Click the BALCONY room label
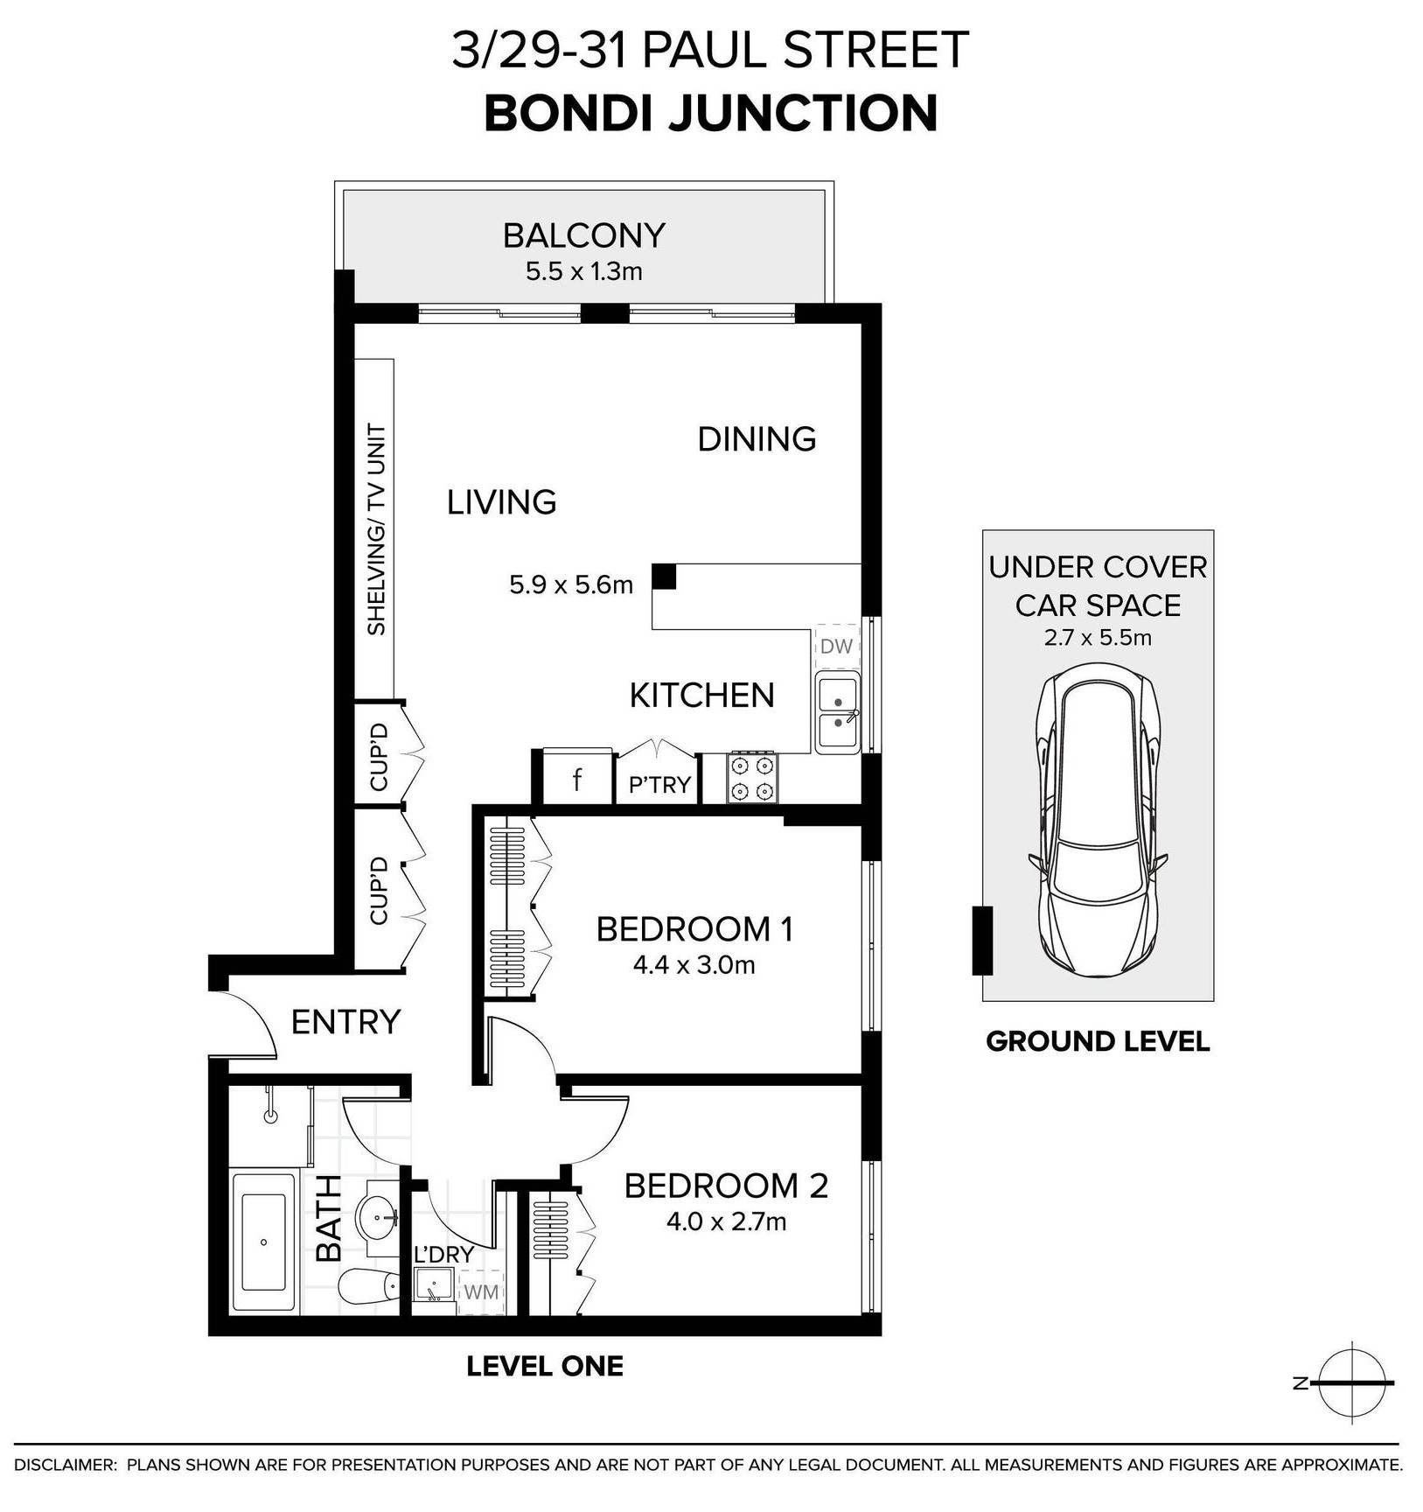[x=584, y=235]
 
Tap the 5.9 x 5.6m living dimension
[x=571, y=584]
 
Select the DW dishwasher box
[x=837, y=647]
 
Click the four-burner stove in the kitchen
[x=752, y=778]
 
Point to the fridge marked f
[x=577, y=778]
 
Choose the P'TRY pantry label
[x=659, y=785]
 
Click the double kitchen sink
[x=838, y=712]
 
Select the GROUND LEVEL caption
[x=1098, y=1041]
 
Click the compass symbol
[x=1351, y=1382]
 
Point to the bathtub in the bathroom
[x=263, y=1242]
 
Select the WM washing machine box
[x=481, y=1291]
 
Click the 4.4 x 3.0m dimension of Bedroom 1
[x=694, y=965]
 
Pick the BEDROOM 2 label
[x=726, y=1186]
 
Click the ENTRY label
[x=345, y=1021]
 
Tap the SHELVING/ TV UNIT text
[x=377, y=529]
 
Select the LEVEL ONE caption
[x=545, y=1366]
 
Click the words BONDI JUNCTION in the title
[x=711, y=114]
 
